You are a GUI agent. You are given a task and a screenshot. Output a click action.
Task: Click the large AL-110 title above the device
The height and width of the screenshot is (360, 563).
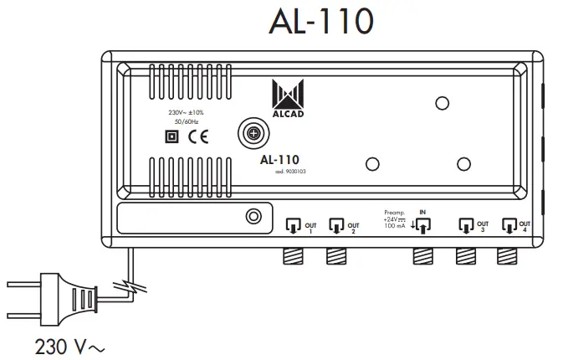click(319, 23)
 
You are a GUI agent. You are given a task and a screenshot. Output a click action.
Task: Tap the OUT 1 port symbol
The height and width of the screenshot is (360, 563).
click(293, 225)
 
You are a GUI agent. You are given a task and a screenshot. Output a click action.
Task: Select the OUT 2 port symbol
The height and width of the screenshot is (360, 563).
click(337, 225)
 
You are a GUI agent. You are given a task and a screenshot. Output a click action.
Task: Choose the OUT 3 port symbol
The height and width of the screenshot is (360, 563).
click(465, 225)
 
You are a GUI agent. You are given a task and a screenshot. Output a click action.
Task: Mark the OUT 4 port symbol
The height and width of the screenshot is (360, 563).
click(508, 225)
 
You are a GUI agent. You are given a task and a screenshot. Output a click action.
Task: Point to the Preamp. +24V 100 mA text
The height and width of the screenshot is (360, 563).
click(395, 220)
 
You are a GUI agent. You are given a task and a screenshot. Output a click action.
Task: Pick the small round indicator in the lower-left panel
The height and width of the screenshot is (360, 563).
click(253, 218)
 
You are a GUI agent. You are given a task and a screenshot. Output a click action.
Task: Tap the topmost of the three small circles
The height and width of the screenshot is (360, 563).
click(441, 103)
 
